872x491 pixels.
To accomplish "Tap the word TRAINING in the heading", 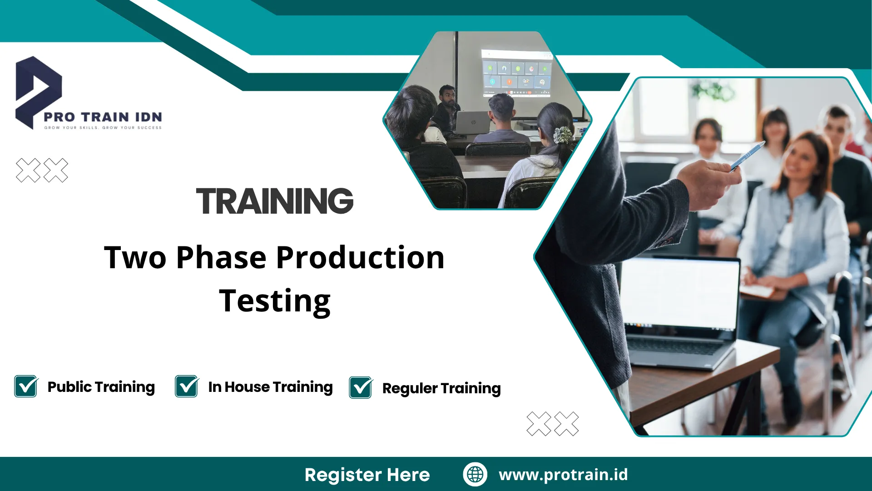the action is [275, 201].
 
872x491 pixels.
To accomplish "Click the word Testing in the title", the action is [275, 301].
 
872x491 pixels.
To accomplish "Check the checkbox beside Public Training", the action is [26, 386].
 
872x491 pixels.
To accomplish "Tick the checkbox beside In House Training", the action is [187, 386].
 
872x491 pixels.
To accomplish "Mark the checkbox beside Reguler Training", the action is [361, 388].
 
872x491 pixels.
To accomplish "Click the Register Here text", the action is [367, 475].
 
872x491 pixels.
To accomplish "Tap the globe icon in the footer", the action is [475, 474].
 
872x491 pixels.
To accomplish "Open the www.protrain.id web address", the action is [563, 475].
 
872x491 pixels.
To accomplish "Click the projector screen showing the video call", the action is [516, 73].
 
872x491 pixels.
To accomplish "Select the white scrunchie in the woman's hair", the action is [563, 135].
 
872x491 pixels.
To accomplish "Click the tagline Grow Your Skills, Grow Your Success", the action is [103, 128].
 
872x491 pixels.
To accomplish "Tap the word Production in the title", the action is [360, 258].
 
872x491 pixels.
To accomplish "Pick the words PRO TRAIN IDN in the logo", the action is [103, 117].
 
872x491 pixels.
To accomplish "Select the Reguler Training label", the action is [441, 388].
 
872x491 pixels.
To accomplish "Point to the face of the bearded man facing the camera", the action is [448, 96].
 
